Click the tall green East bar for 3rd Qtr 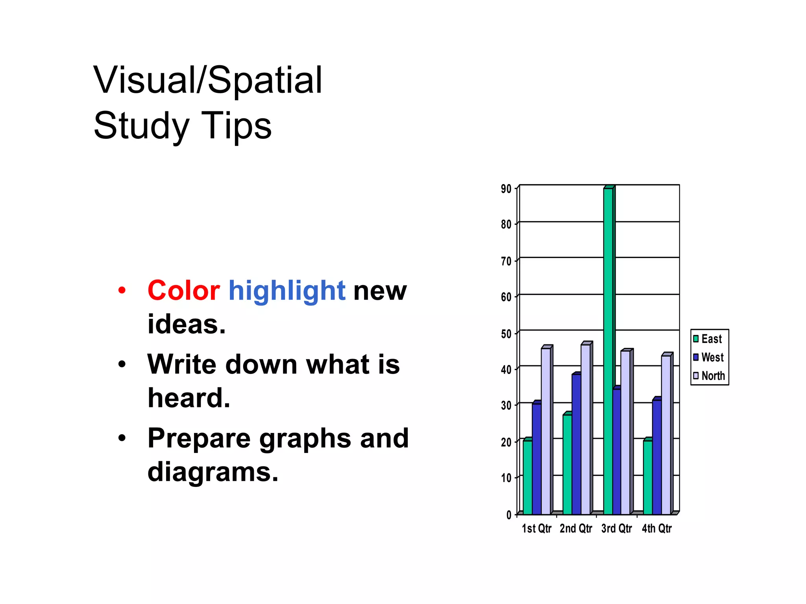608,350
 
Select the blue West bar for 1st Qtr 536,459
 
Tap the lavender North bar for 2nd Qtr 586,429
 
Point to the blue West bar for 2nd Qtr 576,444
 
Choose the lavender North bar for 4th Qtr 666,435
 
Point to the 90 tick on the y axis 506,189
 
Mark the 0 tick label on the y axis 509,515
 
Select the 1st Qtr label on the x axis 536,529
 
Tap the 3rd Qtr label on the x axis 616,529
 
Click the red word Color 183,291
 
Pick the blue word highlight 287,291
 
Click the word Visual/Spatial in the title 208,80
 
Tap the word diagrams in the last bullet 213,472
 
